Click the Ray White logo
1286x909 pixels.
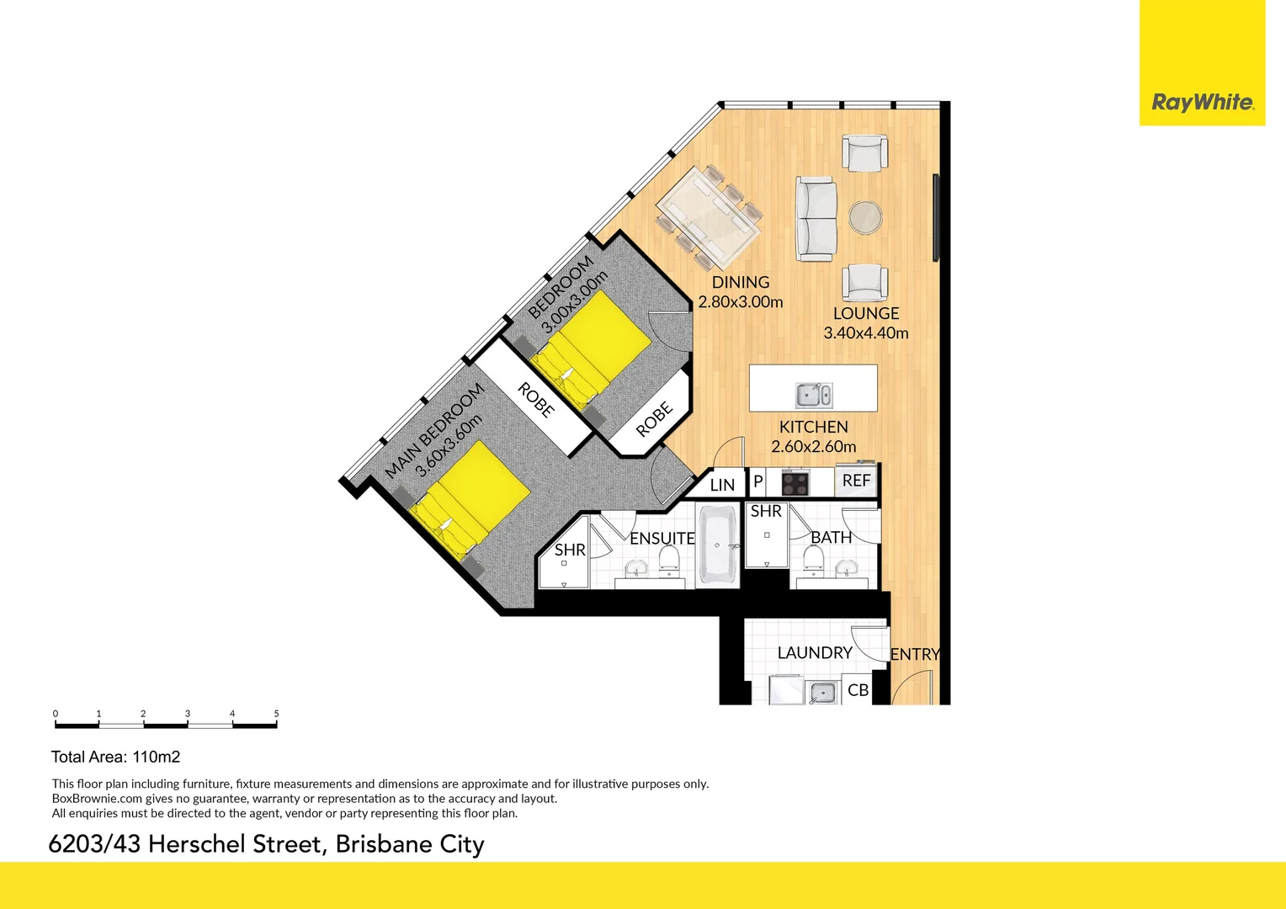pyautogui.click(x=1202, y=103)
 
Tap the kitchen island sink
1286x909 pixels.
pyautogui.click(x=814, y=394)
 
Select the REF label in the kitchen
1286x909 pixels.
pyautogui.click(x=856, y=481)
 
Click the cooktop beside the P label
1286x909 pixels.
pyautogui.click(x=795, y=484)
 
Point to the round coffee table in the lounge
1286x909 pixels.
pyautogui.click(x=865, y=217)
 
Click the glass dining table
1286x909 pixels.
pyautogui.click(x=709, y=214)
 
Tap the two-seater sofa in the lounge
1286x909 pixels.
pyautogui.click(x=816, y=218)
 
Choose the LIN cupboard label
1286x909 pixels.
pyautogui.click(x=722, y=485)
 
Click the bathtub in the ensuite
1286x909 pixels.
pyautogui.click(x=718, y=546)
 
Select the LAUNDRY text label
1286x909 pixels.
pyautogui.click(x=815, y=653)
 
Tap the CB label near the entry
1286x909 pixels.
pyautogui.click(x=858, y=690)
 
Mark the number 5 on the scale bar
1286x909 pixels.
pyautogui.click(x=276, y=714)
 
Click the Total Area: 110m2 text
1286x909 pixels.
pyautogui.click(x=115, y=757)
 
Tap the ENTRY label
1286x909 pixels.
pyautogui.click(x=915, y=654)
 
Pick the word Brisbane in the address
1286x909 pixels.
pyautogui.click(x=383, y=844)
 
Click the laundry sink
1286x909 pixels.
pyautogui.click(x=821, y=693)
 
